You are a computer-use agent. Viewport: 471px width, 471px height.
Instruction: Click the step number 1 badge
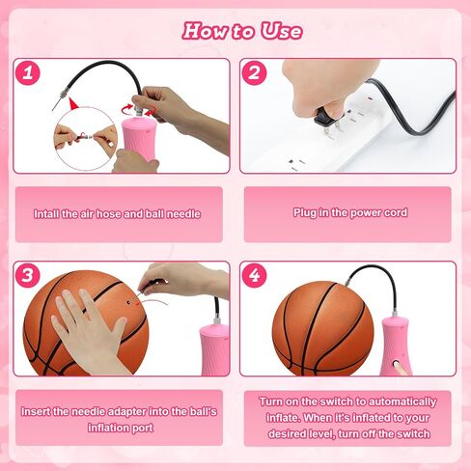coord(28,72)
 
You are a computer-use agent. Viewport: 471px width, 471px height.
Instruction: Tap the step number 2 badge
coord(254,72)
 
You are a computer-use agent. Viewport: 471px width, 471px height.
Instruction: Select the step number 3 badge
coord(28,275)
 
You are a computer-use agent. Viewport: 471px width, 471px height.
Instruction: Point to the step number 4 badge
coord(254,275)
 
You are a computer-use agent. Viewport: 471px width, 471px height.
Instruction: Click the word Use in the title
coord(282,31)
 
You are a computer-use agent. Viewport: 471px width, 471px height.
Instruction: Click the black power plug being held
coord(325,118)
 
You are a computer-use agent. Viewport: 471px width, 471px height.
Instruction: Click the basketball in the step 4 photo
coord(323,328)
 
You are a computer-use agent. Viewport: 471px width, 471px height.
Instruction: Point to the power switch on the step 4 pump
coord(398,365)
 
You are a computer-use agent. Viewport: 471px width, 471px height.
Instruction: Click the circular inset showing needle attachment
coord(86,139)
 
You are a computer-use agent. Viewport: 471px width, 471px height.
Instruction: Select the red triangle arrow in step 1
coord(74,104)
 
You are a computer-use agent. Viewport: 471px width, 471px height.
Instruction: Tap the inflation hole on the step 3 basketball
coord(128,302)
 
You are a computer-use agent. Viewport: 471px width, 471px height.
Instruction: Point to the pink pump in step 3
coord(215,347)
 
